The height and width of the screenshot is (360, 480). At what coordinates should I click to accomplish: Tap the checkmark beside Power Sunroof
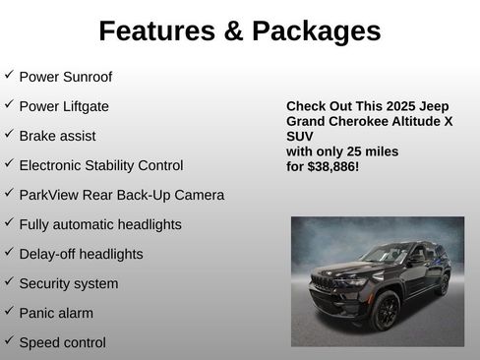[9, 75]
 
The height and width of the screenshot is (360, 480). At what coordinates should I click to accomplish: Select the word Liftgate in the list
[86, 106]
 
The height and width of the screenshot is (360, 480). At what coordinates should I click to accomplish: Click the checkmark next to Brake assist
[9, 134]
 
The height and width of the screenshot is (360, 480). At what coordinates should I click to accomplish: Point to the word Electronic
[54, 165]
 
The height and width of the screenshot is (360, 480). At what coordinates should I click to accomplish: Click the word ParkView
[49, 195]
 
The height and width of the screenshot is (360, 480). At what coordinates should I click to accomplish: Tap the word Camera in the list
[199, 195]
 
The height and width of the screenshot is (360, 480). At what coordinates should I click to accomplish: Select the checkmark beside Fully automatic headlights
[9, 222]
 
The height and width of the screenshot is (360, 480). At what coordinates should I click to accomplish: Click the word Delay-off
[49, 254]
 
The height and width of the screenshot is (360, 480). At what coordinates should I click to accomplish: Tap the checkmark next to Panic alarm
[9, 311]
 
